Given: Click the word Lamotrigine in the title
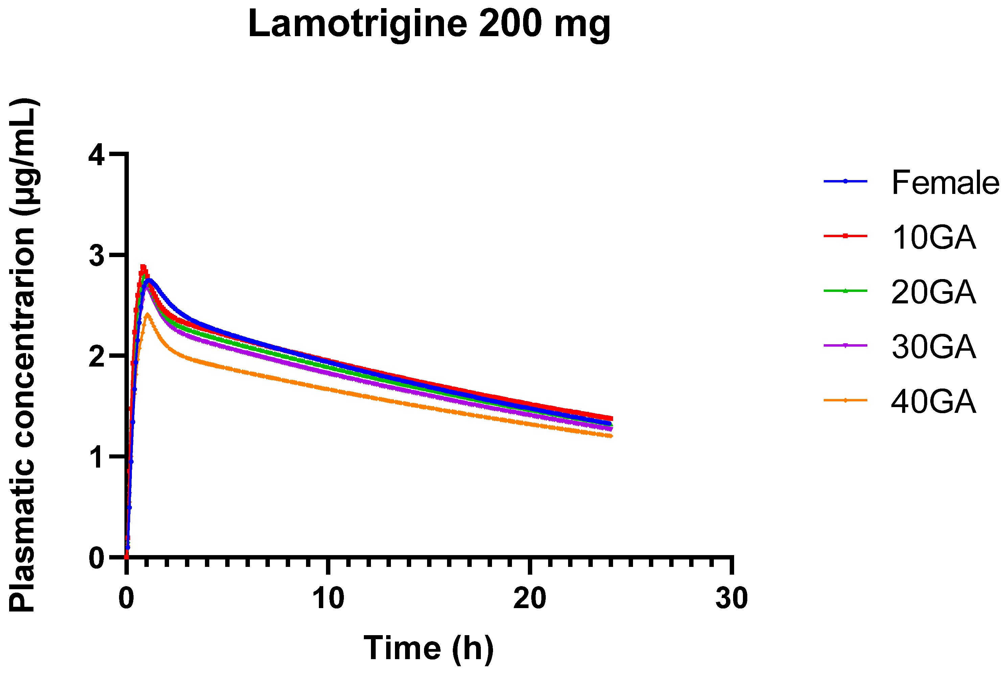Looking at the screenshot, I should coord(357,24).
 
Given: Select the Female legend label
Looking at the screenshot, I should coord(945,183).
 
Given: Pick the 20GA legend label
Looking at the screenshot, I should coord(933,292).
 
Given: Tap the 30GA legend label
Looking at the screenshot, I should coord(933,347).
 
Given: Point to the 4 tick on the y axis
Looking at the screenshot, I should coord(96,155).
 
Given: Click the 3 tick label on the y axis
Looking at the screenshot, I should coord(96,256).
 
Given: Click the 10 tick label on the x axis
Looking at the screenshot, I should coord(328,598).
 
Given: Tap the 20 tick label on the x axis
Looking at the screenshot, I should coord(530,598).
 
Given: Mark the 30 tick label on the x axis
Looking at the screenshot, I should coord(731,598).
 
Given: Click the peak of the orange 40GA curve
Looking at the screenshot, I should coord(147,315).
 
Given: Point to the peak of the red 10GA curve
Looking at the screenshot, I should coord(143,267).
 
